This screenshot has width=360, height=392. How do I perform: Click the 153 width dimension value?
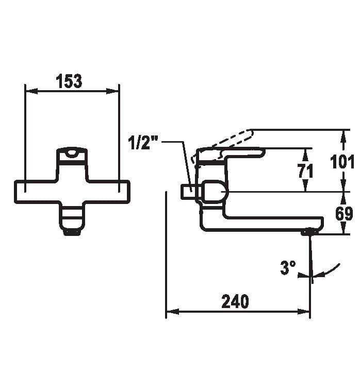69,81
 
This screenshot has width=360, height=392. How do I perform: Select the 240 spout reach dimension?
235,302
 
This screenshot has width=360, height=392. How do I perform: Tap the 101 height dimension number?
342,161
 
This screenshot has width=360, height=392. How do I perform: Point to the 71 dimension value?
305,171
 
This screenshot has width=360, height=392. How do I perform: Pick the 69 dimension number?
344,213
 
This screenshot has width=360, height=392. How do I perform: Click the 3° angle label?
288,267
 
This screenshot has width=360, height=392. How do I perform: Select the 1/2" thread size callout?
142,143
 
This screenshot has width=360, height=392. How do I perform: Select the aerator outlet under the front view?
72,231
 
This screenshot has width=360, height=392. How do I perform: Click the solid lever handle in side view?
232,153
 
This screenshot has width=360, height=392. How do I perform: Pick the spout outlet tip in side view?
309,232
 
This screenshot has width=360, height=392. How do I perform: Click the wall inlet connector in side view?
187,192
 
